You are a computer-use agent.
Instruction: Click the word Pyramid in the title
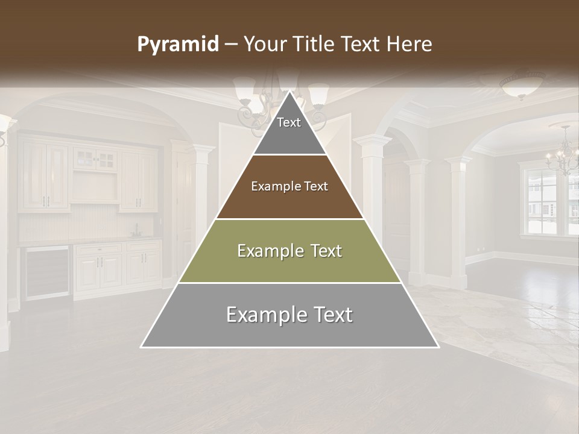tap(178, 45)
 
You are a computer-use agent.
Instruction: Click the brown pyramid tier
tap(289, 199)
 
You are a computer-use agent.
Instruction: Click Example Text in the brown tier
tap(289, 186)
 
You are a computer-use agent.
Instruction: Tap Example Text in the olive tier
tap(289, 251)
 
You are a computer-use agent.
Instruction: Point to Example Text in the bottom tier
tap(289, 315)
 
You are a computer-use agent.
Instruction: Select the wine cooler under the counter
tap(46, 272)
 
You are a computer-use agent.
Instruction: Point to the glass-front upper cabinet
tap(95, 160)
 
